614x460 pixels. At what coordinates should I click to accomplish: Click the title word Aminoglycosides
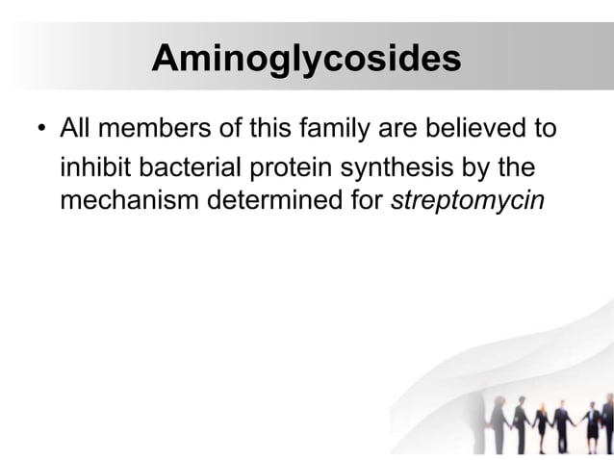click(x=306, y=60)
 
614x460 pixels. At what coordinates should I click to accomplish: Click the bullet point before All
click(x=39, y=129)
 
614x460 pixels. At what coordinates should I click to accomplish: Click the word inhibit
click(x=95, y=168)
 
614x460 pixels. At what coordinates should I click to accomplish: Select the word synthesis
click(x=408, y=168)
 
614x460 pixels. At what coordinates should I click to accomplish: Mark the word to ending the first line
click(x=545, y=128)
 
